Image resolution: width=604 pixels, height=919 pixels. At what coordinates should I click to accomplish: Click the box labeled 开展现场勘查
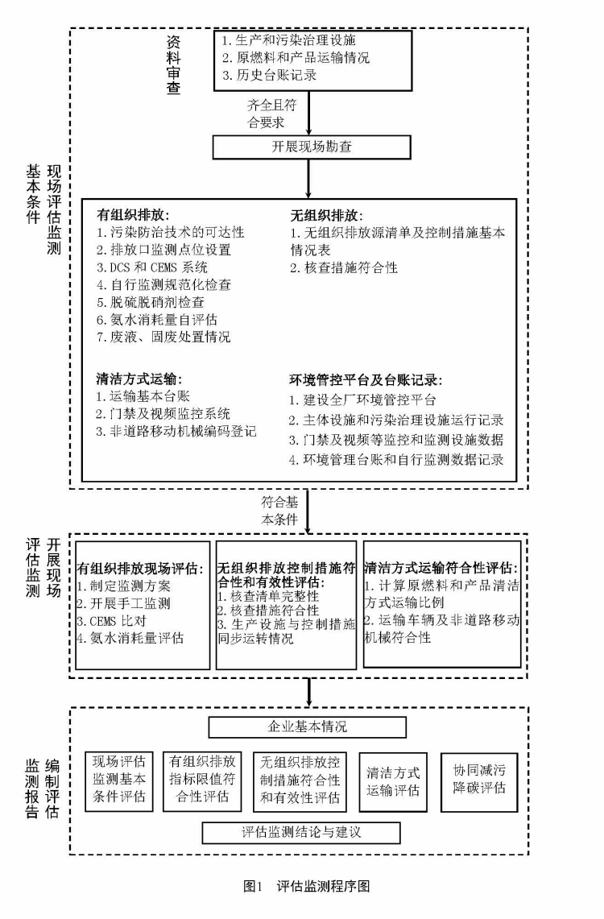(x=308, y=147)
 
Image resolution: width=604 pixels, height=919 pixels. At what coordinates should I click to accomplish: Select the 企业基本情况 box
(x=308, y=727)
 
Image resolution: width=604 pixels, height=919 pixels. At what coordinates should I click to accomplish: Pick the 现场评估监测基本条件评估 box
(x=119, y=779)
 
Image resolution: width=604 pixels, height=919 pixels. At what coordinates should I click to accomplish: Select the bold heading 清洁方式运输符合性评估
(x=441, y=567)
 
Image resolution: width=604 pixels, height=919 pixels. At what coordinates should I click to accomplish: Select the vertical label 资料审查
(x=173, y=64)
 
